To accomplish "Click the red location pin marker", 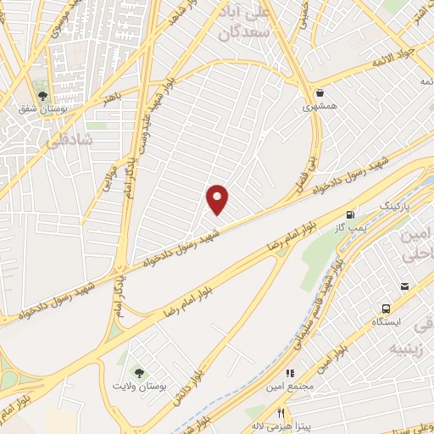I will [x=218, y=198].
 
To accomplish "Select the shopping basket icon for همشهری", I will [x=320, y=93].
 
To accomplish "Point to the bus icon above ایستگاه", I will [x=387, y=309].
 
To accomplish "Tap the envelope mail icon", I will [x=407, y=286].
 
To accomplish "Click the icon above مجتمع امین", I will [x=289, y=372].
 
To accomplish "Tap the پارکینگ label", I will [x=393, y=206].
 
